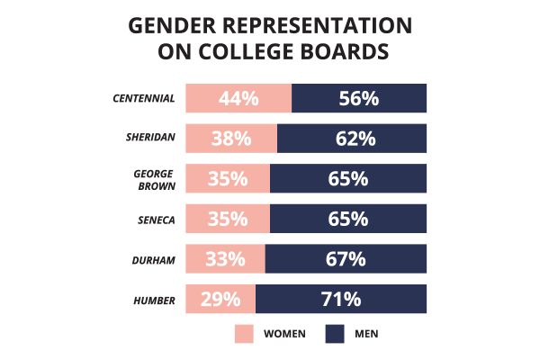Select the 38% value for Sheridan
(231, 139)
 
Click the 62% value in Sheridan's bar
(352, 139)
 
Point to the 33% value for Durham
(225, 259)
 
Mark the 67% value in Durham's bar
(346, 259)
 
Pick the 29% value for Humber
(220, 299)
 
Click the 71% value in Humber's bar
(341, 299)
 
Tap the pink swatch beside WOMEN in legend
(245, 334)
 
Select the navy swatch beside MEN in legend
(336, 334)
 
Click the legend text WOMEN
(284, 334)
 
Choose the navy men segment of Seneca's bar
(348, 219)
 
